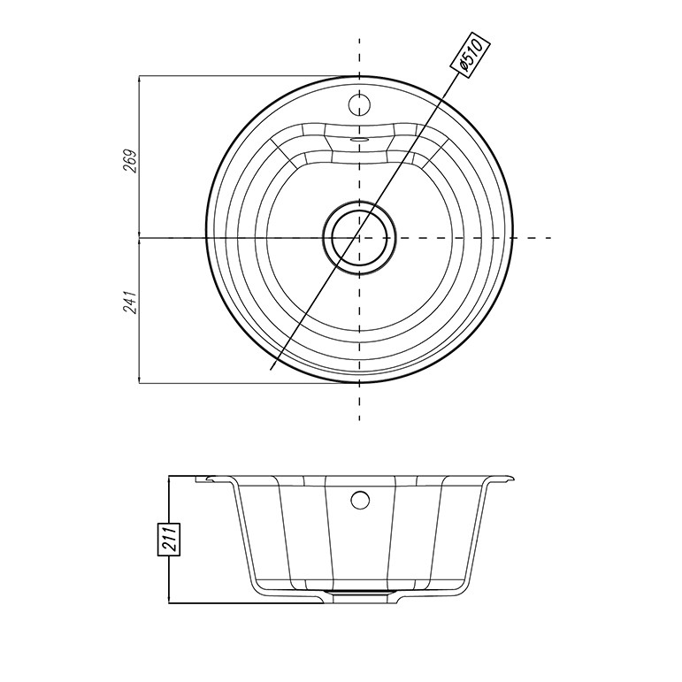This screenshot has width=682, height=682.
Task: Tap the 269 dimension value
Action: pyautogui.click(x=131, y=161)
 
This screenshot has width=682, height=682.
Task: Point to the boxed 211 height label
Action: pyautogui.click(x=168, y=539)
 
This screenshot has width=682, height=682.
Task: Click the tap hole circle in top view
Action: pyautogui.click(x=359, y=104)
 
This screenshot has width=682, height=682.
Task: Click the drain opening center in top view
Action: pyautogui.click(x=359, y=237)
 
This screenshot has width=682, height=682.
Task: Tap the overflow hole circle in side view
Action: pyautogui.click(x=360, y=500)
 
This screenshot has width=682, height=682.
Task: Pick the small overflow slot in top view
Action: pyautogui.click(x=359, y=139)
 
